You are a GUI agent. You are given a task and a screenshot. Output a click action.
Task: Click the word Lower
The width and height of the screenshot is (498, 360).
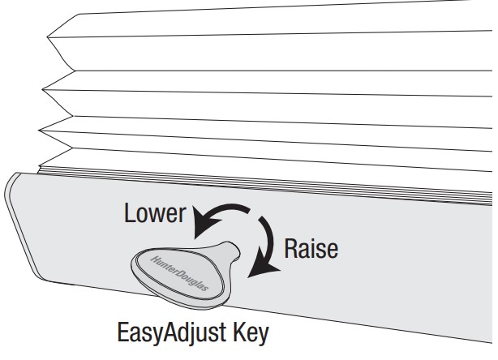(x=153, y=215)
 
